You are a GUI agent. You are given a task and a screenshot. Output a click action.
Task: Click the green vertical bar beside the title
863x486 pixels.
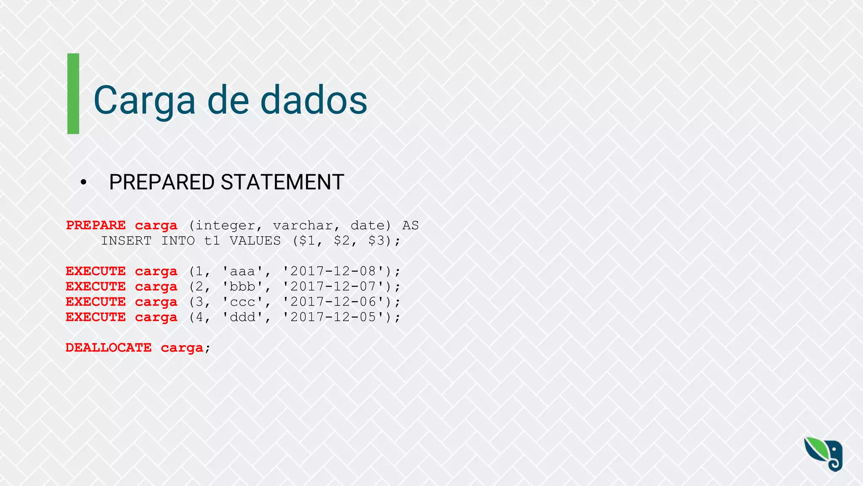coord(73,94)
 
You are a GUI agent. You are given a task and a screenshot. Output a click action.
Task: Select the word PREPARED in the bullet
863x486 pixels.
coord(162,182)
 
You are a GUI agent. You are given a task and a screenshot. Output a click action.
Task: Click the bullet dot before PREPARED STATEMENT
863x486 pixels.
coord(83,182)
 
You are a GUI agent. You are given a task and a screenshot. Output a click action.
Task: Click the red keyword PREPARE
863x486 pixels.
coord(96,225)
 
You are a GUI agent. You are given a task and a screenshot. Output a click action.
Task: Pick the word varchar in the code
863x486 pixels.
coord(303,225)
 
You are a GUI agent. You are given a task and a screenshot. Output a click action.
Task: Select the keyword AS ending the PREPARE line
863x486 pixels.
coord(410,225)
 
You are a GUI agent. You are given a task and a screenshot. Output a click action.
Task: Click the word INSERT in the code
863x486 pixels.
coord(126,240)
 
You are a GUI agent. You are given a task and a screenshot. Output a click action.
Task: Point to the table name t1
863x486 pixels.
coord(212,240)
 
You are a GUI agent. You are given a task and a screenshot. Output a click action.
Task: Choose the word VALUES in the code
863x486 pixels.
coord(255,240)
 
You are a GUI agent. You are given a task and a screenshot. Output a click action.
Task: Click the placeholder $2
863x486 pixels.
coord(341,240)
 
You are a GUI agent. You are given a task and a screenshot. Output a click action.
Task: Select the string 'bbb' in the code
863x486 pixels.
coord(242,286)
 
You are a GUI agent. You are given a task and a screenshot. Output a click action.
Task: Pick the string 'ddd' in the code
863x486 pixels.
coord(242,317)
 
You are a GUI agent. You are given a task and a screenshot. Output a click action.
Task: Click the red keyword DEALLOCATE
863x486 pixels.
coord(109,348)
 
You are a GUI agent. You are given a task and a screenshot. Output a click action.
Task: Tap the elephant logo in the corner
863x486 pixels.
coord(823,454)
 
